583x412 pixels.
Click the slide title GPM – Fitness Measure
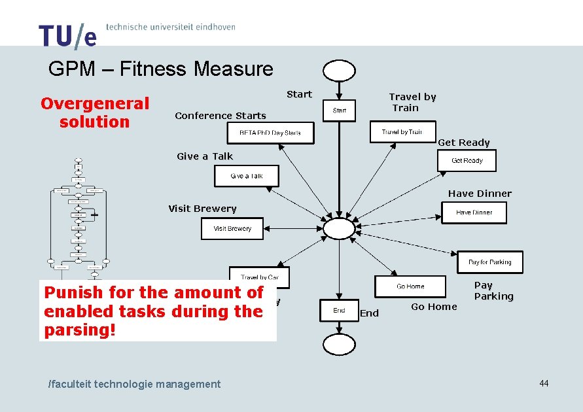tap(160, 69)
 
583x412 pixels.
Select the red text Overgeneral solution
tap(95, 112)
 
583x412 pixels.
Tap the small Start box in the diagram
tap(340, 111)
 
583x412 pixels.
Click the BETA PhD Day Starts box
tap(270, 133)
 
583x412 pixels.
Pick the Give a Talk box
tap(247, 176)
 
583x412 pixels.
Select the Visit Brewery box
tap(232, 229)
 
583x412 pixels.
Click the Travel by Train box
tap(402, 132)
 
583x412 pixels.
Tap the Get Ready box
tap(467, 160)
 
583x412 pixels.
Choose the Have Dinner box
tap(474, 213)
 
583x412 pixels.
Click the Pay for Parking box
tap(490, 262)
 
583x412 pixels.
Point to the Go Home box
tap(410, 286)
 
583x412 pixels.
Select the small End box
tap(339, 311)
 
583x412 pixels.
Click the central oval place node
tap(339, 228)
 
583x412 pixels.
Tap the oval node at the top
tap(339, 70)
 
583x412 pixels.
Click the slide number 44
tap(544, 383)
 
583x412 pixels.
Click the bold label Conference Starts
tap(221, 116)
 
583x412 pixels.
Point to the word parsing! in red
tap(79, 330)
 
